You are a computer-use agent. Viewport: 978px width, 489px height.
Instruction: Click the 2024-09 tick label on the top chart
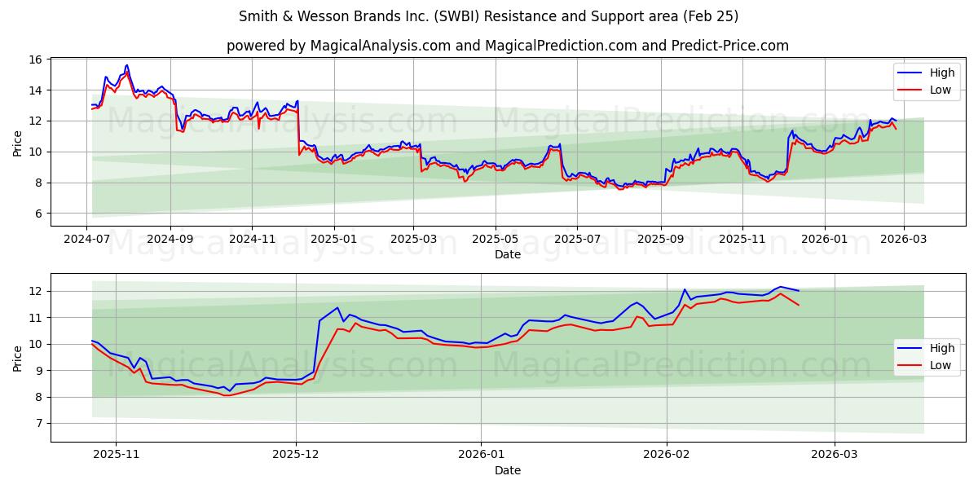[x=170, y=240]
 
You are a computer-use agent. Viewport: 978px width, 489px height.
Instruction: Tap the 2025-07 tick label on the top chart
[x=577, y=240]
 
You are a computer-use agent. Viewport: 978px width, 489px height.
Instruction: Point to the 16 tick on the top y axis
[x=36, y=59]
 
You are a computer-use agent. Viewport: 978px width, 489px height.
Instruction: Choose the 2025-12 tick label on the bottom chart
[x=296, y=456]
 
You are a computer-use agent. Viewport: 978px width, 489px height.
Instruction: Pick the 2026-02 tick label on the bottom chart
[x=667, y=456]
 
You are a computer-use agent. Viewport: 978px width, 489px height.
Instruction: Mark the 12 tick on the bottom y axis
[x=36, y=291]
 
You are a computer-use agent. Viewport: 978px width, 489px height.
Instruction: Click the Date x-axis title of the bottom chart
[x=507, y=470]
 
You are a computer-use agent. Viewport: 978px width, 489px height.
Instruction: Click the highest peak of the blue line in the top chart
[x=126, y=65]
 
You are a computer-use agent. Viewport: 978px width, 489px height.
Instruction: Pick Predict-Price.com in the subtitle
[x=730, y=46]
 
